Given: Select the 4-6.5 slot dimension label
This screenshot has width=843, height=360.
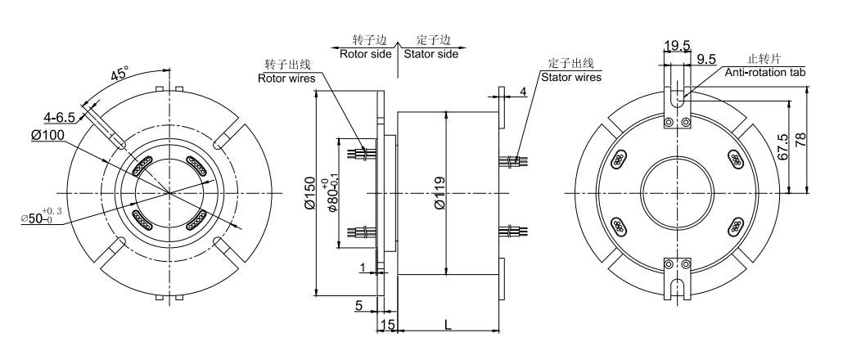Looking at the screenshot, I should coord(60,117).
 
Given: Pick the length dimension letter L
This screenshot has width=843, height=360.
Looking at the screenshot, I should coord(448,325).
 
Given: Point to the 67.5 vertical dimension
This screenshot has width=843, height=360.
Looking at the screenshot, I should coord(783,147).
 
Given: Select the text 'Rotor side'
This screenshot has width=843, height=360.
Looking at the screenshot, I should coord(364,52).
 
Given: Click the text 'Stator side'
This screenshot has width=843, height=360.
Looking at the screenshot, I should coord(430,52).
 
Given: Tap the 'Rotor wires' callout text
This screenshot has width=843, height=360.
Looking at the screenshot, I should coord(286,79).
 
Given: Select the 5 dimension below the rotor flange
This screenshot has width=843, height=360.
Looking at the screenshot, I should coord(358,305).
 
